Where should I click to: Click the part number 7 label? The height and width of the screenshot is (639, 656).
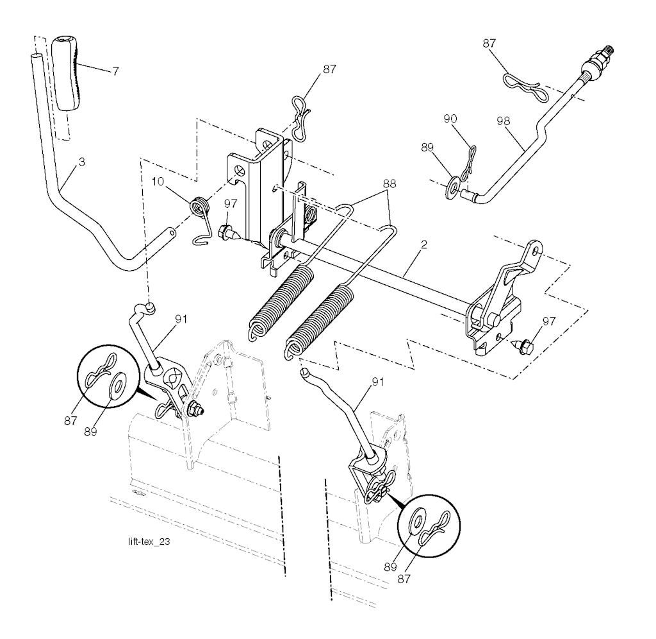(115, 71)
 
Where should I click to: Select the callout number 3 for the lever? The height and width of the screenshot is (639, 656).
(81, 162)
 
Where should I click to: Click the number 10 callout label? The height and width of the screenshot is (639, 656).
(158, 182)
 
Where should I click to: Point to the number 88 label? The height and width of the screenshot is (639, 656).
(389, 183)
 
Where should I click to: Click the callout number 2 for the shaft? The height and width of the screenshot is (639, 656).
(424, 244)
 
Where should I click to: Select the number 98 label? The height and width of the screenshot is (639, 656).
(504, 121)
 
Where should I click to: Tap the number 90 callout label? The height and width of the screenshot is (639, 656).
(450, 119)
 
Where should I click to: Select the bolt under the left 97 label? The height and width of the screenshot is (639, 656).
(229, 232)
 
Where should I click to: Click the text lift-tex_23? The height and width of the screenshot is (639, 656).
(149, 541)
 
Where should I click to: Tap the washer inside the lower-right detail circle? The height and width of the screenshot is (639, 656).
(418, 520)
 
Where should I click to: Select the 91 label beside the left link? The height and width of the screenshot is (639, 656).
(181, 319)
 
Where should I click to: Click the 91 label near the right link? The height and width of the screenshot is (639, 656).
(377, 382)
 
